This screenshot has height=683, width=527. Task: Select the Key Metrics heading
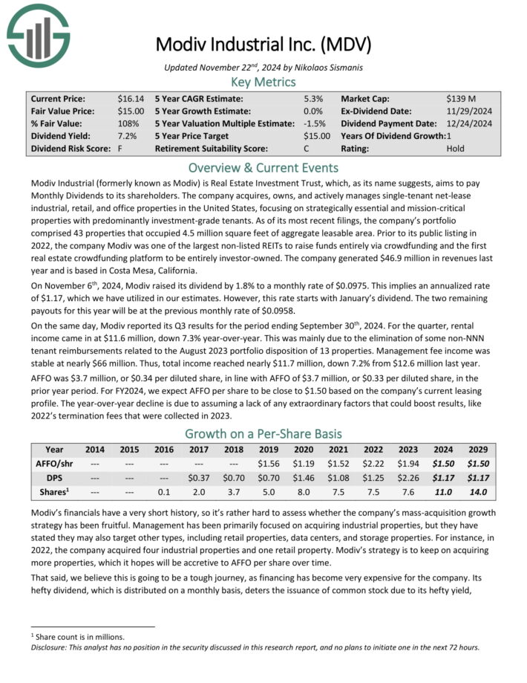[x=263, y=82]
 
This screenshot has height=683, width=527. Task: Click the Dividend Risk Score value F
[x=120, y=149]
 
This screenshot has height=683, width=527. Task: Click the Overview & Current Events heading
[x=263, y=167]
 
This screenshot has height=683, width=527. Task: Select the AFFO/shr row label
[x=53, y=463]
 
